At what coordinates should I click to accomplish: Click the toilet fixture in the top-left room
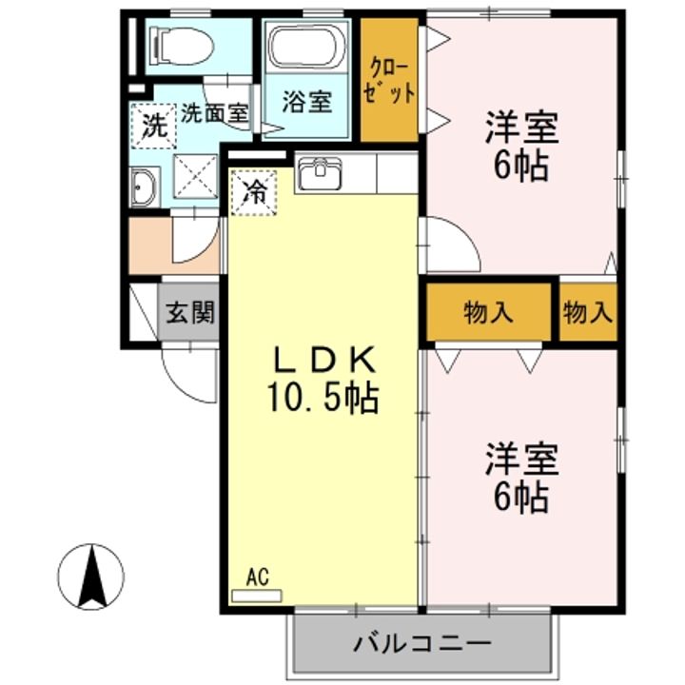pos(181,46)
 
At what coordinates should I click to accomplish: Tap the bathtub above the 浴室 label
pos(306,47)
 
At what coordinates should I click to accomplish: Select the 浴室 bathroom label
pos(306,102)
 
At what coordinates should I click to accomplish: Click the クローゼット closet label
pos(389,81)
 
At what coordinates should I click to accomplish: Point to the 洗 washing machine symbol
pos(153,126)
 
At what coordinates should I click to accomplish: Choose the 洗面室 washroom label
pos(214,113)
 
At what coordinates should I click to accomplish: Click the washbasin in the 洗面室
pos(144,187)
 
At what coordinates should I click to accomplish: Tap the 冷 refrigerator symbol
pos(254,192)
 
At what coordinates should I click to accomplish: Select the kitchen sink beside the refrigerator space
pos(319,173)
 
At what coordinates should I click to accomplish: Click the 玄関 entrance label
pos(190,312)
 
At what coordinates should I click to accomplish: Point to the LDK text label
pos(323,360)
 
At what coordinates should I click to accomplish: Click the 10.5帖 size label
pos(323,398)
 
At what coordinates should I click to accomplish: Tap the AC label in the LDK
pos(257,577)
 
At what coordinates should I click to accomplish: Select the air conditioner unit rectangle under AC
pos(257,597)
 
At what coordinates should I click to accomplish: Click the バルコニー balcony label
pos(422,643)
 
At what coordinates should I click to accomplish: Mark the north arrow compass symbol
pos(91,577)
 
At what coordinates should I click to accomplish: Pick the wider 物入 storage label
pos(488,313)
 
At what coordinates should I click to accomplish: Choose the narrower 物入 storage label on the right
pos(588,313)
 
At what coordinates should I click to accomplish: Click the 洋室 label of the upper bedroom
pos(521,128)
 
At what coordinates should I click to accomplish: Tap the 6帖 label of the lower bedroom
pos(520,498)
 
